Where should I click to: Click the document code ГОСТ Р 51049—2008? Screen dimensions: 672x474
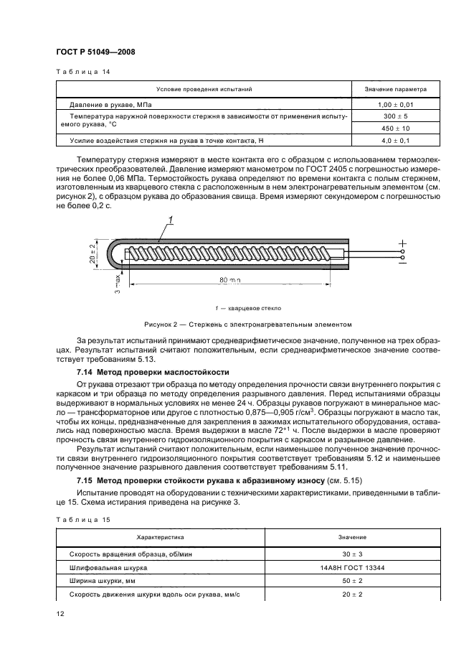95,52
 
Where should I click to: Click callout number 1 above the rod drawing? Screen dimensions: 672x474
171,220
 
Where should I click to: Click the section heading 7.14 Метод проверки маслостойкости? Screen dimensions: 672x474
153,373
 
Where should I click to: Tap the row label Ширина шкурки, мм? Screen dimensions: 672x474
105,580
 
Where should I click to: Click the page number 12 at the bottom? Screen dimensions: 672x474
61,613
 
